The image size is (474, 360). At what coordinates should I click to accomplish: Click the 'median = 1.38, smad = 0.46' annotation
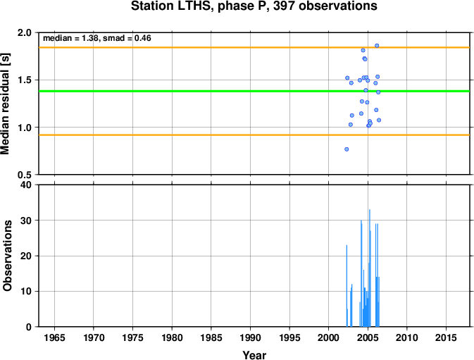[x=97, y=38]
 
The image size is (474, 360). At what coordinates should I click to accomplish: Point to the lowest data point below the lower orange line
[x=347, y=149]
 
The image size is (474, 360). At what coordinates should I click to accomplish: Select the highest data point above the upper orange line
[x=377, y=46]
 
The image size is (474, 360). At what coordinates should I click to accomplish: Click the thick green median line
[x=254, y=91]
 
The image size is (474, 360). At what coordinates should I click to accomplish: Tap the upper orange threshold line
[x=254, y=47]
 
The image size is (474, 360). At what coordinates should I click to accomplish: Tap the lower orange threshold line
[x=254, y=135]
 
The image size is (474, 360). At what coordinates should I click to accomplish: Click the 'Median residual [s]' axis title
[x=6, y=104]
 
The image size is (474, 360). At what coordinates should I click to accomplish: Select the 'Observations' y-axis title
[x=7, y=256]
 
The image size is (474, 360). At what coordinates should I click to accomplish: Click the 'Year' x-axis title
[x=254, y=355]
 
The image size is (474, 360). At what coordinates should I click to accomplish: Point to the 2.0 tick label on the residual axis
[x=25, y=32]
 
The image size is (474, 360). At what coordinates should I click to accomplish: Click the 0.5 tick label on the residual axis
[x=25, y=175]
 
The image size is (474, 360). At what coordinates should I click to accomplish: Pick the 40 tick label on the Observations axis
[x=26, y=185]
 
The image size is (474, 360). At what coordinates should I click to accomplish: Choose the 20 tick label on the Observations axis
[x=26, y=256]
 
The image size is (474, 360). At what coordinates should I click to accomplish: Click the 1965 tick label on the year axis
[x=54, y=337]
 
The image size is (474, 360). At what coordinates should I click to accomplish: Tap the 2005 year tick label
[x=368, y=337]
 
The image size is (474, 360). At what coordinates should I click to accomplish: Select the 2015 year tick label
[x=447, y=337]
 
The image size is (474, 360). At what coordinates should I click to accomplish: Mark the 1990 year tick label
[x=250, y=337]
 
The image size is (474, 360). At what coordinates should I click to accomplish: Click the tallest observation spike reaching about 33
[x=369, y=268]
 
